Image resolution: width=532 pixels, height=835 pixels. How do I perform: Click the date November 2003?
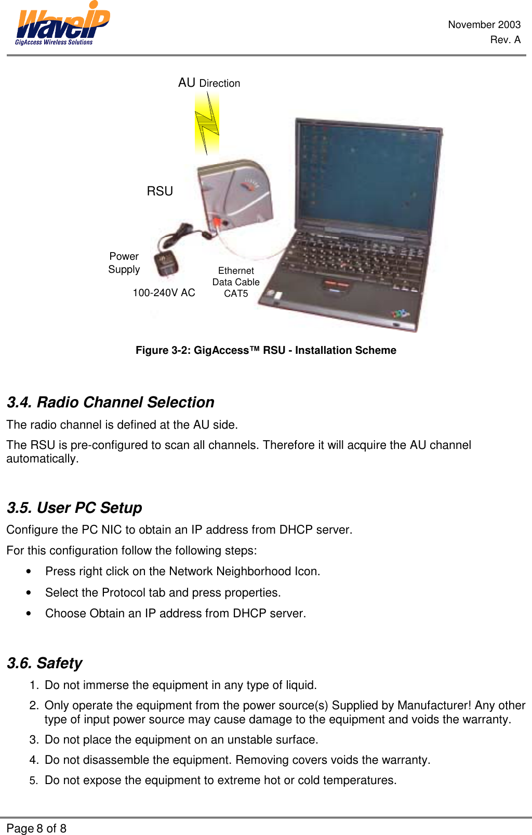(484, 24)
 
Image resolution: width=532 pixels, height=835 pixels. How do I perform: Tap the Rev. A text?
(505, 39)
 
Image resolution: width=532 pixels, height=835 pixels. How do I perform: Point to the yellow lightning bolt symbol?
(207, 123)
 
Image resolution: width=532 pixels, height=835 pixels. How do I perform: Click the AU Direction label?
(209, 83)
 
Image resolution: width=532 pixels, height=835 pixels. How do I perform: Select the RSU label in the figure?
(159, 191)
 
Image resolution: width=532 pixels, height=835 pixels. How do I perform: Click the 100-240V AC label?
(164, 293)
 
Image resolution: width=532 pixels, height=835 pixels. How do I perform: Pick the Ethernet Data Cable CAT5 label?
(236, 282)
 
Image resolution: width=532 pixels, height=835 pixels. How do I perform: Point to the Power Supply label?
(124, 263)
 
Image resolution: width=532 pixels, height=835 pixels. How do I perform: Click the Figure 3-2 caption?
(265, 350)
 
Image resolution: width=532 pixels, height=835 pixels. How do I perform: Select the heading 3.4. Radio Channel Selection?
(110, 402)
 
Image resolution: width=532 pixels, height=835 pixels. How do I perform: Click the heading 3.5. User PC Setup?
(74, 508)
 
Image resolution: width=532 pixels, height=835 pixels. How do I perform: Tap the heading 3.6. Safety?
(45, 663)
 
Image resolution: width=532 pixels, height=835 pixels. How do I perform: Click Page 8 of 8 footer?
(36, 828)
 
